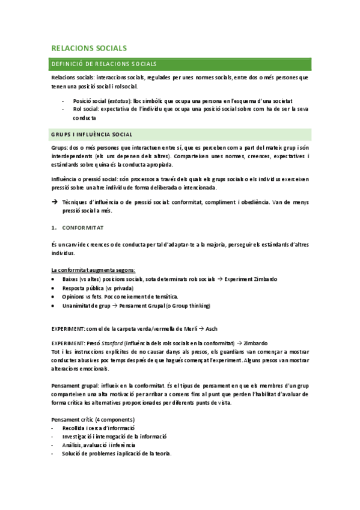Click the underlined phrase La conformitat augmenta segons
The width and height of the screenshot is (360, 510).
pyautogui.click(x=93, y=270)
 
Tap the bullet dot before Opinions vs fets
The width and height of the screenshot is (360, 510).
pyautogui.click(x=55, y=296)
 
